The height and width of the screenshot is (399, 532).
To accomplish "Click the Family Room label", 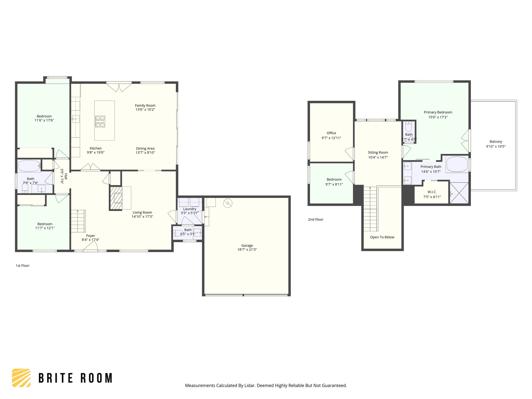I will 145,105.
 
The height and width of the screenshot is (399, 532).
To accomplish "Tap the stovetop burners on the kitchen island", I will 100,122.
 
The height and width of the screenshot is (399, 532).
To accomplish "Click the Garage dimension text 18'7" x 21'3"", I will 247,250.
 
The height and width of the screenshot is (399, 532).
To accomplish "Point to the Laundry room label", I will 190,209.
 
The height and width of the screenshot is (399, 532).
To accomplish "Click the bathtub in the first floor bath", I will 29,166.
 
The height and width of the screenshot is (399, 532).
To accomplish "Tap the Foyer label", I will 90,236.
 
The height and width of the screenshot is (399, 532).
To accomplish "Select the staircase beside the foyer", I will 78,221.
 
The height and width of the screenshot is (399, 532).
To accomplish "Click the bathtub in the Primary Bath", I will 457,164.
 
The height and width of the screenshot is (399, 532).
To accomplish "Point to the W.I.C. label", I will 432,192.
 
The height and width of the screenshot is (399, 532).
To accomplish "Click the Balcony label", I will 496,142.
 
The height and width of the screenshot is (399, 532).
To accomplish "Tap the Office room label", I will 331,133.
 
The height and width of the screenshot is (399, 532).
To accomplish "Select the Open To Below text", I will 382,237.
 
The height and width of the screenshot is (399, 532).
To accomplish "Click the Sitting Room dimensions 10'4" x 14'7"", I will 378,157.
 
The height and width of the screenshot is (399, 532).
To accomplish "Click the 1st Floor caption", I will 23,265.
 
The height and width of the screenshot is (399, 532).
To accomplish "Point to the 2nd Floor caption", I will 316,220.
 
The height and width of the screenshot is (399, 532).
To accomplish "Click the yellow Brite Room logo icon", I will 21,378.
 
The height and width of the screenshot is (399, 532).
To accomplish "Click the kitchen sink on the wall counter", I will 75,119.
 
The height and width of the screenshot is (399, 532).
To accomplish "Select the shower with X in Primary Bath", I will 459,193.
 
